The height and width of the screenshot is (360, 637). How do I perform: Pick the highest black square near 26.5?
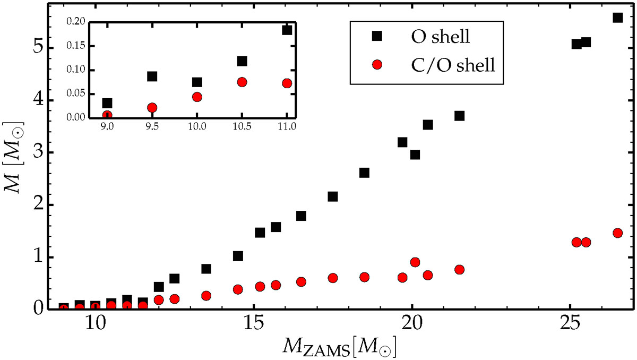(617, 18)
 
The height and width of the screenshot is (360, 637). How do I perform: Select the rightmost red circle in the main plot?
(617, 233)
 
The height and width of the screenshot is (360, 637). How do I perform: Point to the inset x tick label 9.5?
(152, 128)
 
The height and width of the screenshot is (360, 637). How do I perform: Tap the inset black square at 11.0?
(287, 30)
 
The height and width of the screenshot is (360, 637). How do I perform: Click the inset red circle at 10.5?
(242, 82)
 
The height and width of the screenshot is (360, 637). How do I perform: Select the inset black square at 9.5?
(152, 76)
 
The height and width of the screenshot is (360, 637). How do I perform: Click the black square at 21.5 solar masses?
(460, 116)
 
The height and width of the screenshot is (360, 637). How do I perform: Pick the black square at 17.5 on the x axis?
(333, 196)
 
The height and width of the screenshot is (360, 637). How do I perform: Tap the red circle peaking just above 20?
(415, 262)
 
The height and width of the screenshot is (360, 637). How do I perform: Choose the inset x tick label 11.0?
(287, 128)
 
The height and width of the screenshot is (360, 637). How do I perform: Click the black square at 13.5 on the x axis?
(206, 269)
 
